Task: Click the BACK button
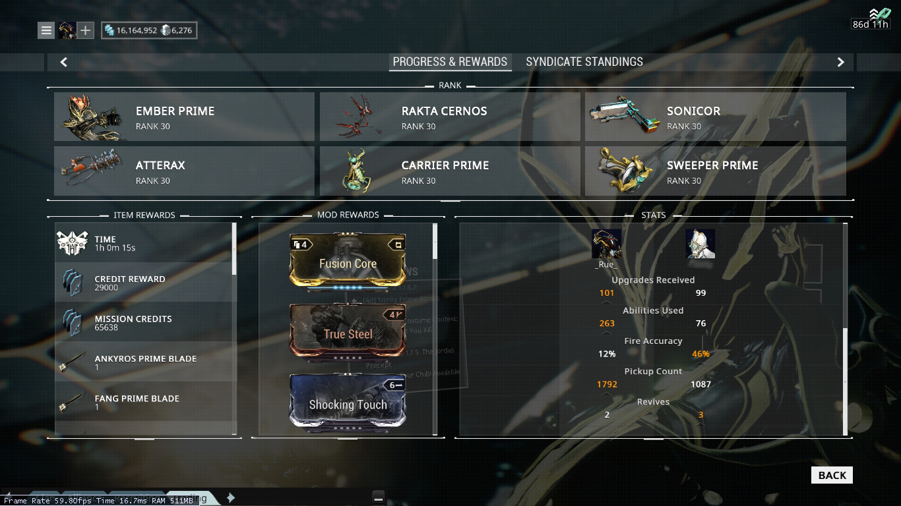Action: [832, 475]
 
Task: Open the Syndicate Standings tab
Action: [584, 62]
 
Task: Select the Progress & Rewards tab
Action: [450, 62]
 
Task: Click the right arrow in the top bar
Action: [840, 62]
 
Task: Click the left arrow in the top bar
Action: [64, 62]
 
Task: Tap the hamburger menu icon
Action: [46, 30]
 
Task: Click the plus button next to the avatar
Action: [86, 30]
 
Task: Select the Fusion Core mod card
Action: [348, 262]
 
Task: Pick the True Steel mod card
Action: [348, 332]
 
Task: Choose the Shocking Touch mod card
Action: [348, 403]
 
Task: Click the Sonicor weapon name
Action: [693, 111]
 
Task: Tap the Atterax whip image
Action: [92, 170]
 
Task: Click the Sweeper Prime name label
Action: [712, 165]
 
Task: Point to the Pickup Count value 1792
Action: [607, 384]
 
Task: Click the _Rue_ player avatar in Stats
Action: [606, 244]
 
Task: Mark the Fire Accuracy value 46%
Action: [700, 354]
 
